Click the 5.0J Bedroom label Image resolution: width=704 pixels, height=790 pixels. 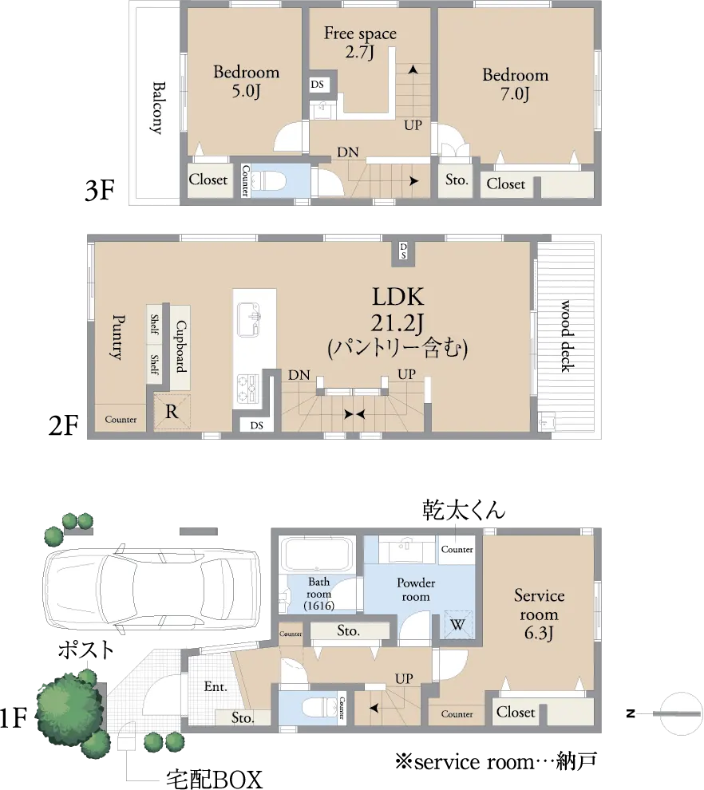click(x=246, y=81)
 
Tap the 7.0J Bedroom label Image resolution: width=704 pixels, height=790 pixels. click(x=515, y=84)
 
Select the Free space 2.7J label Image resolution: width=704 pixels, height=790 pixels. click(x=360, y=42)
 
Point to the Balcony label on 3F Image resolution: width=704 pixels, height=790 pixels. click(x=158, y=108)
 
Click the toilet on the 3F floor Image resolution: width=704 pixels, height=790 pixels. click(x=268, y=180)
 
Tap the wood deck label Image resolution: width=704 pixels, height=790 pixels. click(x=567, y=336)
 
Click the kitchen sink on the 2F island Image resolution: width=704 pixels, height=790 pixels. click(x=248, y=320)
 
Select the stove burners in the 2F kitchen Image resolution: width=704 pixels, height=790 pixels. click(x=247, y=388)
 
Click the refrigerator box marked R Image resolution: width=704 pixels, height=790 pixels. click(x=172, y=412)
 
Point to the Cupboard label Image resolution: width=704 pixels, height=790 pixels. click(x=180, y=346)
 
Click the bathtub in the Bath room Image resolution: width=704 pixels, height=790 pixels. click(x=315, y=555)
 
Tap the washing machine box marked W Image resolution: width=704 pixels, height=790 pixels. click(x=457, y=625)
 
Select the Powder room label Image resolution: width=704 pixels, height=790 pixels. click(x=416, y=590)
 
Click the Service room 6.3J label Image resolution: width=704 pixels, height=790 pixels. click(x=539, y=614)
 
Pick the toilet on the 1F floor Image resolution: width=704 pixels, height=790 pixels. click(x=319, y=707)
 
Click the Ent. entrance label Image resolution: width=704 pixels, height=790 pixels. click(x=216, y=686)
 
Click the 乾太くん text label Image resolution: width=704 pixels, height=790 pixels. click(x=464, y=509)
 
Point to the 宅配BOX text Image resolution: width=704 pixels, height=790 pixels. click(x=214, y=779)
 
